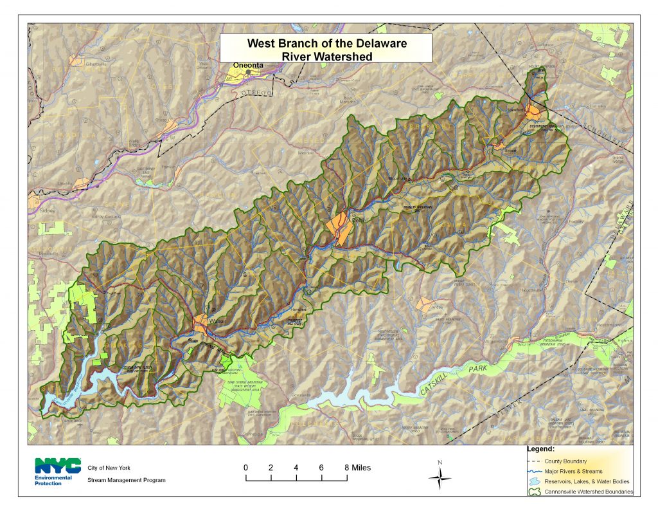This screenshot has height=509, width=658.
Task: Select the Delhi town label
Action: pos(358,221)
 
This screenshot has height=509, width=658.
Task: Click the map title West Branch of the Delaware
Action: pos(326,44)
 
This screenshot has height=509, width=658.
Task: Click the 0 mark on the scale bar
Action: pos(245,468)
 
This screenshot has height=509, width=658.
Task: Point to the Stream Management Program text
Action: pos(127,480)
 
